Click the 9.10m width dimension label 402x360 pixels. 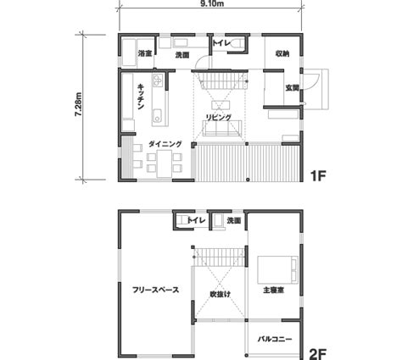(211, 4)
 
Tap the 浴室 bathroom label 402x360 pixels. (144, 54)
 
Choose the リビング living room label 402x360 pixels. (220, 117)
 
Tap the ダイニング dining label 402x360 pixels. (165, 144)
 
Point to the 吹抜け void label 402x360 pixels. (221, 294)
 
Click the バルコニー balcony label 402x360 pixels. (275, 339)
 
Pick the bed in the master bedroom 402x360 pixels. (279, 269)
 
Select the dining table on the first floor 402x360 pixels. (161, 158)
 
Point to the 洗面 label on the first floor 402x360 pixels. (181, 54)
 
